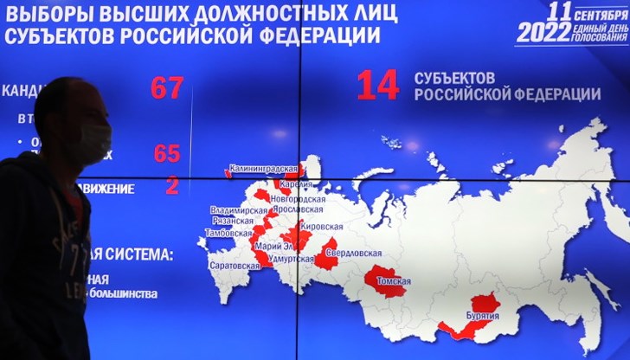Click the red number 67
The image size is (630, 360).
(x=167, y=87)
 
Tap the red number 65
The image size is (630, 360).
(x=166, y=153)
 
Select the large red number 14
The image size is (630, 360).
(x=378, y=85)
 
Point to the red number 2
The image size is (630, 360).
(x=171, y=185)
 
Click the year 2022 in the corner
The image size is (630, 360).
(x=543, y=33)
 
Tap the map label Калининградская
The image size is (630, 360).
(x=263, y=170)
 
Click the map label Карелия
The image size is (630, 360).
(x=294, y=184)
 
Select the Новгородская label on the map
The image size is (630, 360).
(x=297, y=198)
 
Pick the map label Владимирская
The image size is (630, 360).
(x=239, y=210)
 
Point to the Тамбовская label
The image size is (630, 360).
(x=229, y=233)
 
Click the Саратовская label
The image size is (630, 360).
(x=235, y=266)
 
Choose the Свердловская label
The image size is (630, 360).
(x=359, y=253)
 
